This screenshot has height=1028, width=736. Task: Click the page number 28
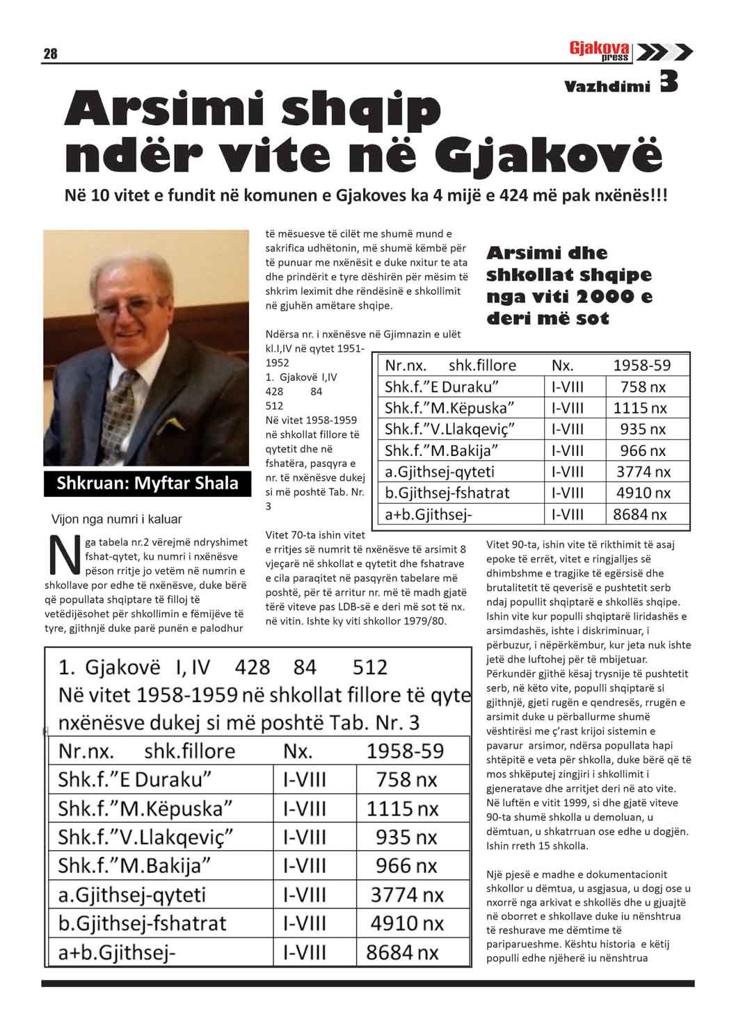50,54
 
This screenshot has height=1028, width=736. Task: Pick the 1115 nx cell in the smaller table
639,408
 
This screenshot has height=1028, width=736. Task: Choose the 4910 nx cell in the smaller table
643,493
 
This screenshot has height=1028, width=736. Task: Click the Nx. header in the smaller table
563,366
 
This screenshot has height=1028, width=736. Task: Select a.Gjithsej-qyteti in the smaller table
440,472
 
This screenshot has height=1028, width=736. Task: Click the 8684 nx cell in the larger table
404,952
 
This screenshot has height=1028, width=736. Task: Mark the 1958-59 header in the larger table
404,751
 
